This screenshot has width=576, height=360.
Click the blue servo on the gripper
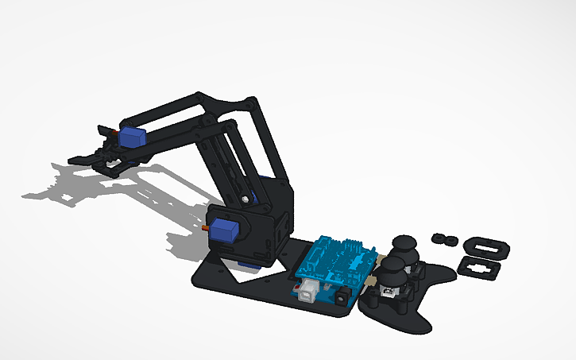[133, 137]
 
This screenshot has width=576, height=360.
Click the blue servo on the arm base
[226, 231]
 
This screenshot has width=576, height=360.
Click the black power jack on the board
[343, 295]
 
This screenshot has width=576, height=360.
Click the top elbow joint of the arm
[250, 103]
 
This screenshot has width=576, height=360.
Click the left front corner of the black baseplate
[195, 279]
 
